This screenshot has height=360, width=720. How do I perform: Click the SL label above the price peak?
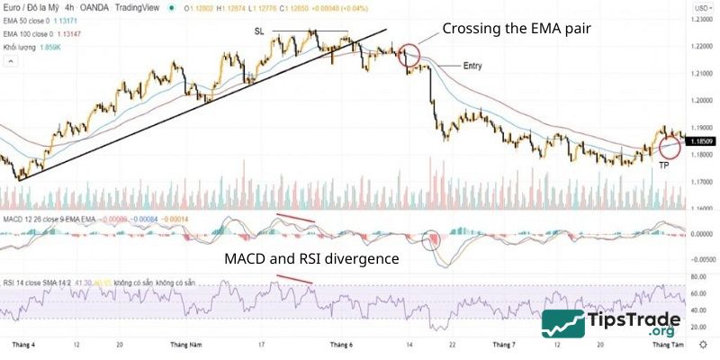pyautogui.click(x=259, y=31)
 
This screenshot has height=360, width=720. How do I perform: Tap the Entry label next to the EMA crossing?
pyautogui.click(x=472, y=67)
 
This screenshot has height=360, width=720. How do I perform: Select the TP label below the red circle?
pyautogui.click(x=663, y=166)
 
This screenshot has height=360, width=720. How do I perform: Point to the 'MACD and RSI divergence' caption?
pyautogui.click(x=312, y=259)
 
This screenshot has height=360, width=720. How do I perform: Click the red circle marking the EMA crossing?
pyautogui.click(x=409, y=56)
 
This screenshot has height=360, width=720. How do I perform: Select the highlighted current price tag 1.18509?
pyautogui.click(x=701, y=141)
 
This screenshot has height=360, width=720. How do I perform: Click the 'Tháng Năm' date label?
pyautogui.click(x=185, y=345)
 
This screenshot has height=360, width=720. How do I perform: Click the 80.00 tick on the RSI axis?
pyautogui.click(x=697, y=277)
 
